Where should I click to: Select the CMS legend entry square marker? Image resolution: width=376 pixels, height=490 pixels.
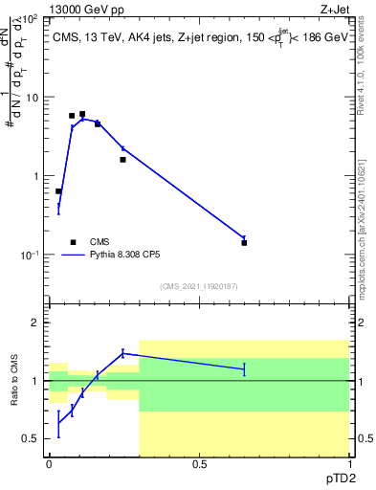coord(73,242)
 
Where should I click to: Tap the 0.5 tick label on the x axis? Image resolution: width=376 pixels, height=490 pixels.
coord(199,464)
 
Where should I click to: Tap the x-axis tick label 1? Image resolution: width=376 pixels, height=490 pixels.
coord(349,464)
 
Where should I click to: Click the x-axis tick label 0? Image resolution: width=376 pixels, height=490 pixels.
coord(49,464)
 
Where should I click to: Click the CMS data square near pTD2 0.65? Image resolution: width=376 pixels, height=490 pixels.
coord(244,243)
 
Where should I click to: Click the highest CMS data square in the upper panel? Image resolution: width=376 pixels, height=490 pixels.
coord(82,114)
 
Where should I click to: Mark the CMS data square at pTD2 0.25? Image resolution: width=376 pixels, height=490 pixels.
coord(122,160)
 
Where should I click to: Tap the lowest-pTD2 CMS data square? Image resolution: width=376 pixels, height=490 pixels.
coord(58,191)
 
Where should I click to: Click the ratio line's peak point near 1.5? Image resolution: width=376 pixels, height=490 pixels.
coord(122,353)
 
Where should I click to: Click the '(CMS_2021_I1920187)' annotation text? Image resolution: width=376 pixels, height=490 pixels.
coord(200,285)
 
